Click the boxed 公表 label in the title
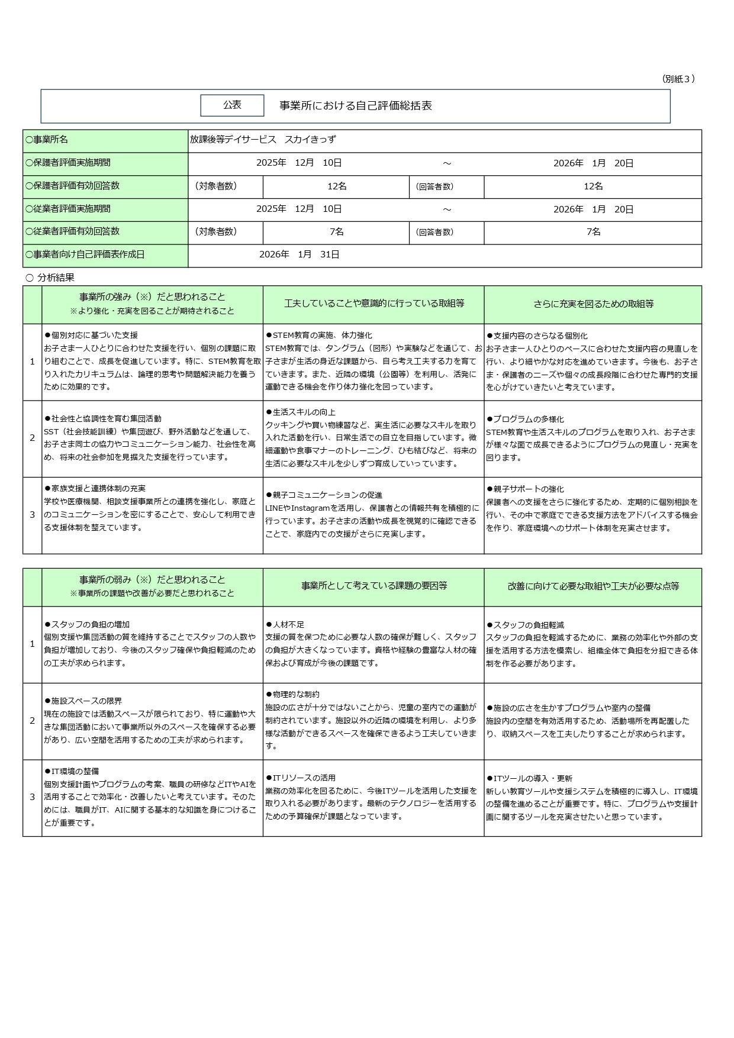coord(232,105)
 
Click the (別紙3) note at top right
coord(677,79)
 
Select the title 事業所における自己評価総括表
coord(356,105)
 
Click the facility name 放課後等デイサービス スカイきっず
coord(263,140)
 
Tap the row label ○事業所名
coord(47,140)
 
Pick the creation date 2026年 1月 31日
coord(299,254)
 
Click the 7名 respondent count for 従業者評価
coord(593,232)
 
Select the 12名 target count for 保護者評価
coord(336,186)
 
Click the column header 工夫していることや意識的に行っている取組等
coord(374,304)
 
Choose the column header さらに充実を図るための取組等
coord(593,304)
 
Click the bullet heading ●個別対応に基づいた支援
coord(91,335)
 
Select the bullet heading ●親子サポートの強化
coord(525,489)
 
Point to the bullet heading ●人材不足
coord(285,624)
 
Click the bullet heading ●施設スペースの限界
coord(83,701)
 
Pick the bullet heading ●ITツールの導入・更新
coord(529,778)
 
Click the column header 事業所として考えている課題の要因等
coord(374,586)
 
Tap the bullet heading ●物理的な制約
coord(292,694)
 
